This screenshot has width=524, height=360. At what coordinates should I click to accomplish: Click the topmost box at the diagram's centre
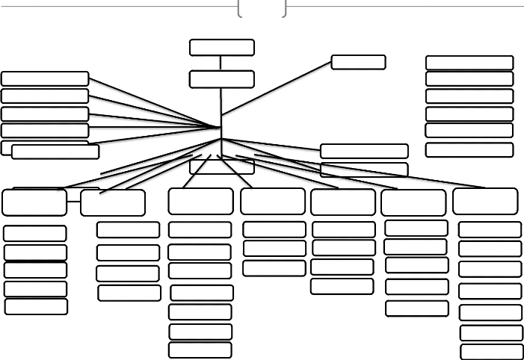point(221,48)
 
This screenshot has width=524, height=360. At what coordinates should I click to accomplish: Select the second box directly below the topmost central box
point(221,79)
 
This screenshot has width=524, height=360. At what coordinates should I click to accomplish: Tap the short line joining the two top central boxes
point(221,63)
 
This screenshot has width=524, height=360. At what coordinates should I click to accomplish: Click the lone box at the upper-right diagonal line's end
point(358,62)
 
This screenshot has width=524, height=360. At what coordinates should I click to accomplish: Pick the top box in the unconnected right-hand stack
point(469,63)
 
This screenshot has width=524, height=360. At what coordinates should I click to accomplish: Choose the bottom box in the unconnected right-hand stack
point(469,149)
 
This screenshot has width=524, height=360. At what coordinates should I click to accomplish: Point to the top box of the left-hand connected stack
point(45,78)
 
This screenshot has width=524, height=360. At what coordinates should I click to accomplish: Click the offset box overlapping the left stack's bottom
point(55,152)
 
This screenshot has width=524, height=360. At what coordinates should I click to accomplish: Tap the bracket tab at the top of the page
point(262,7)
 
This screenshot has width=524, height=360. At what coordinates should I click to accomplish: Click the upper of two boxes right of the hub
point(364,151)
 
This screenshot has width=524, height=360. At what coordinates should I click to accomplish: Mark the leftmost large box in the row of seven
point(34,202)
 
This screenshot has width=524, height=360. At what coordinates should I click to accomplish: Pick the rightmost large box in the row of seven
point(485,201)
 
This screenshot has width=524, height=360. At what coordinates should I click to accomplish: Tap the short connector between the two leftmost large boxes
point(73,202)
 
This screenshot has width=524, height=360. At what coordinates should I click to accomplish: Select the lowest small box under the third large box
point(200,350)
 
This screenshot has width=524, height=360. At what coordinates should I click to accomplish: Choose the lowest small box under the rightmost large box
point(491,352)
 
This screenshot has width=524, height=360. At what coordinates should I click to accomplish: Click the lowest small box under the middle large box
point(274,267)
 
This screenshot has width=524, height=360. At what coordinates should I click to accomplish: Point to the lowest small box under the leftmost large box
point(36,306)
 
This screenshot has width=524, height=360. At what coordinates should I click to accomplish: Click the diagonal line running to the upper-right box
point(277,88)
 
